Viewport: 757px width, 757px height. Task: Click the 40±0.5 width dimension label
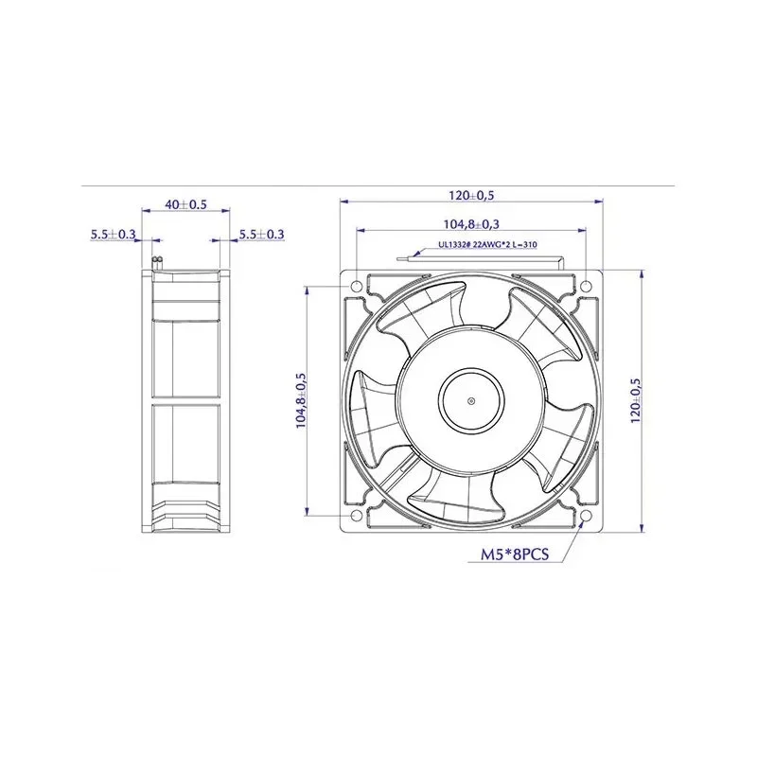click(185, 204)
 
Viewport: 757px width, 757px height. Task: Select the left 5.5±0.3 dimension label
click(114, 235)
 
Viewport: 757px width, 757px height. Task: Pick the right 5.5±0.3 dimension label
click(262, 235)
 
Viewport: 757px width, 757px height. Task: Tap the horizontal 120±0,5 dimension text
click(471, 196)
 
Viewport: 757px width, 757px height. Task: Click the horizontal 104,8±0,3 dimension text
click(471, 224)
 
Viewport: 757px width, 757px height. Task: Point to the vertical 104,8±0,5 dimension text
click(301, 400)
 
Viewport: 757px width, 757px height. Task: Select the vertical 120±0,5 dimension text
click(636, 400)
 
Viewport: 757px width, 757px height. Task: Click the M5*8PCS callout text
click(515, 555)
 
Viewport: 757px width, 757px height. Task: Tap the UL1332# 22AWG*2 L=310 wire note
click(487, 245)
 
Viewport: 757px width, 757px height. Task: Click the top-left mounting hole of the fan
click(357, 286)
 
